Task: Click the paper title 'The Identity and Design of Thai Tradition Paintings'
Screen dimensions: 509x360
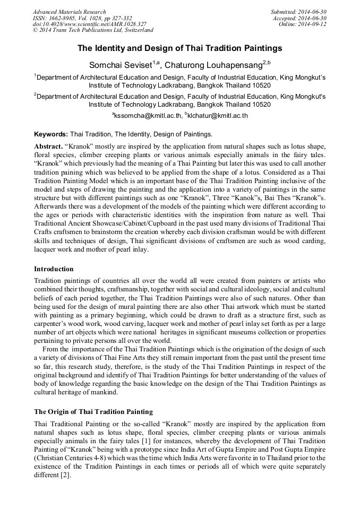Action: (x=180, y=48)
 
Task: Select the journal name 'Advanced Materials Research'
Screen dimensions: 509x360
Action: (x=69, y=12)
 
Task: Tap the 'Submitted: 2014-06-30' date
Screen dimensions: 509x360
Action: (x=298, y=12)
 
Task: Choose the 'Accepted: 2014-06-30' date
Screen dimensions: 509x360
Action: (x=299, y=18)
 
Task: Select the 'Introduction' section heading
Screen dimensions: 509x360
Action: (x=54, y=269)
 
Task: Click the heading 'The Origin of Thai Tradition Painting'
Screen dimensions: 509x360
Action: (x=93, y=411)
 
